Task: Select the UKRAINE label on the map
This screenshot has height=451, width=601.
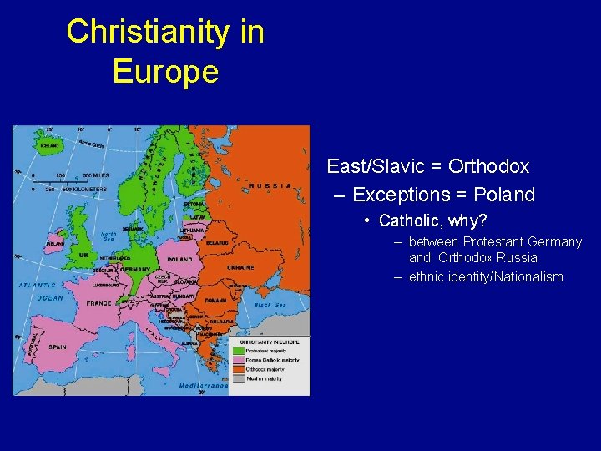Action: tap(240, 267)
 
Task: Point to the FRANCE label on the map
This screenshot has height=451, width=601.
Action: tap(98, 303)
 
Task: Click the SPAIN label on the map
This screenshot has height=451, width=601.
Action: tap(57, 347)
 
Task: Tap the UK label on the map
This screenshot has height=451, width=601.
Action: tap(84, 254)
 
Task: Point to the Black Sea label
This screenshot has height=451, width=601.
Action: tap(270, 306)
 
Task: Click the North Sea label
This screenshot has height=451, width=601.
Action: tap(108, 236)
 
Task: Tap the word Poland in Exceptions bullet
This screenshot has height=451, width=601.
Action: tap(504, 195)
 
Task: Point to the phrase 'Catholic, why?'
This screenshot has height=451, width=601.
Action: tap(432, 220)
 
